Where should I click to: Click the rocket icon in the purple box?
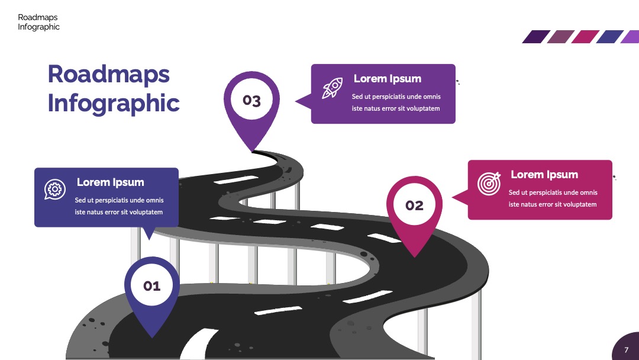click(x=332, y=88)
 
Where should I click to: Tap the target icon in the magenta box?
click(x=489, y=184)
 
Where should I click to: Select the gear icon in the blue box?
click(x=55, y=189)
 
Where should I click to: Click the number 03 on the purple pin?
click(x=251, y=100)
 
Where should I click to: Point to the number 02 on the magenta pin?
click(x=414, y=205)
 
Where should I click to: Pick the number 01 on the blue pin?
click(x=152, y=286)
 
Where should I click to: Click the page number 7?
click(x=627, y=350)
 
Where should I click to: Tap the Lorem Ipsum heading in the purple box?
click(x=387, y=78)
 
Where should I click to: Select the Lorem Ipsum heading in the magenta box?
click(x=544, y=175)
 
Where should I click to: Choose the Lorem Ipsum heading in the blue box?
click(x=111, y=182)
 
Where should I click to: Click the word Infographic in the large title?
click(x=114, y=103)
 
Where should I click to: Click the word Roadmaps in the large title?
click(x=109, y=74)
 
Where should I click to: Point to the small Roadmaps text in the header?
click(x=37, y=17)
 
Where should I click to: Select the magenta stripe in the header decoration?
click(x=585, y=37)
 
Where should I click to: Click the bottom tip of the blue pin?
click(x=152, y=338)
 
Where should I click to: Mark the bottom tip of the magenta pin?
click(x=414, y=257)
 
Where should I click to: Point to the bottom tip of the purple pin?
click(x=251, y=152)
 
